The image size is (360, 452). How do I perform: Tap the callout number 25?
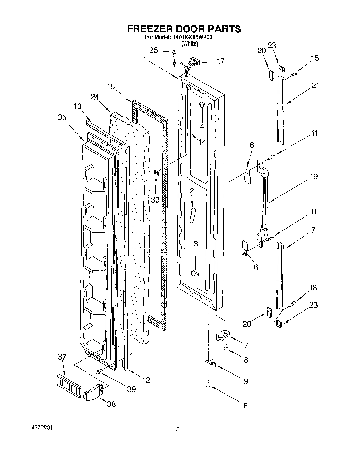[154, 50]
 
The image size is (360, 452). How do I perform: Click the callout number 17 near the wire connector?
[221, 62]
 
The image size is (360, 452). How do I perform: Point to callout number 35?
[62, 117]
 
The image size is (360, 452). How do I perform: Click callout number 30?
[155, 200]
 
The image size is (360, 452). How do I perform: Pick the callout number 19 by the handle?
[313, 176]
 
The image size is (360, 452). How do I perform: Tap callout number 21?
[315, 86]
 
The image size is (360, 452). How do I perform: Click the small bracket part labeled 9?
[211, 363]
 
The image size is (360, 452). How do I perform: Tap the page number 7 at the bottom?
[177, 429]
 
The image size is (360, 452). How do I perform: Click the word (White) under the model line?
[189, 44]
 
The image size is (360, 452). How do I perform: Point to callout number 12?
[146, 380]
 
